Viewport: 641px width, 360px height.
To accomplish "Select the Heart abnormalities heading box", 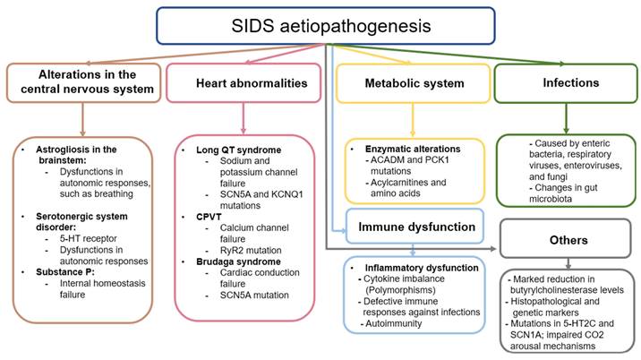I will [x=244, y=82].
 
